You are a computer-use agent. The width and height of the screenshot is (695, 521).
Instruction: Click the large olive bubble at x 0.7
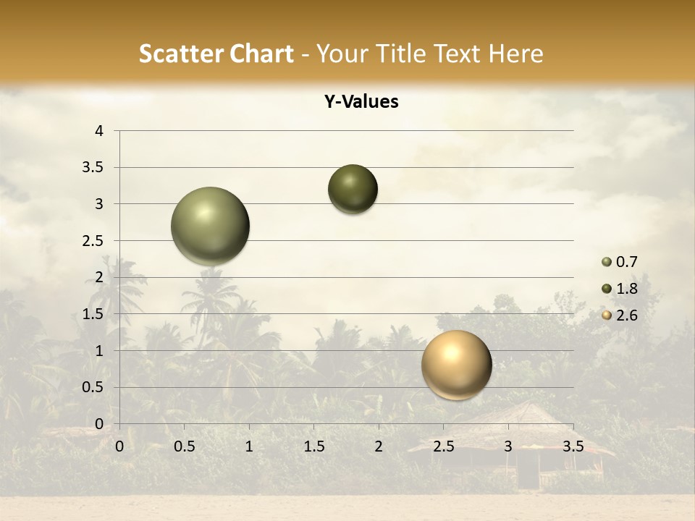211,226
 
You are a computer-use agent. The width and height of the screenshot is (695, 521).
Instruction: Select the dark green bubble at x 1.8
353,190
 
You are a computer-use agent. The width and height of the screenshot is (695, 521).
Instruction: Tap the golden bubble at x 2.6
456,365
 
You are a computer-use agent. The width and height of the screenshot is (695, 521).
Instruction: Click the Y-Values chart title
361,102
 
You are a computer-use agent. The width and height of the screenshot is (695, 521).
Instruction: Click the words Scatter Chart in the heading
216,54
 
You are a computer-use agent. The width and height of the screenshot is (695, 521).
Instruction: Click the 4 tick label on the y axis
99,131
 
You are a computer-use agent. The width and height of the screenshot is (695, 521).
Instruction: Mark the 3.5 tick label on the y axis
94,168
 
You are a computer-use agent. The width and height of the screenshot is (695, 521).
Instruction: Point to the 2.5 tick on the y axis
94,241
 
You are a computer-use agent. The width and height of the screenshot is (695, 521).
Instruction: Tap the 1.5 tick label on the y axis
94,314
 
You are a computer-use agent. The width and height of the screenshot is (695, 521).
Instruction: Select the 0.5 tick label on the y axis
94,387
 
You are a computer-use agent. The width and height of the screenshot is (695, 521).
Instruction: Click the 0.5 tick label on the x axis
184,446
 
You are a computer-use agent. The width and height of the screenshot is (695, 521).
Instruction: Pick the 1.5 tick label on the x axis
313,446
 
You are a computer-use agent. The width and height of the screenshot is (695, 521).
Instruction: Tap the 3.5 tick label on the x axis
573,446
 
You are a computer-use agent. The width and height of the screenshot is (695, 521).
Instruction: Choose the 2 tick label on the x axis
379,446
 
